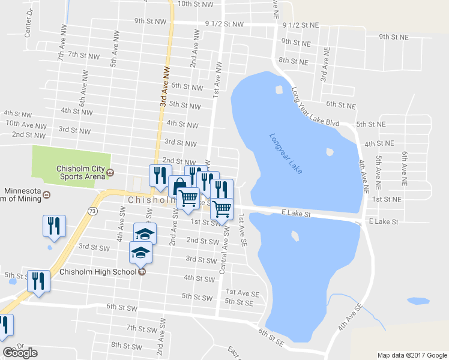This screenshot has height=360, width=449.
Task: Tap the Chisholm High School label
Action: tap(100, 271)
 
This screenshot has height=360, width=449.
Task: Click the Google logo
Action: tap(20, 353)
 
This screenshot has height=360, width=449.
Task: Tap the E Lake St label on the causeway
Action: tap(296, 214)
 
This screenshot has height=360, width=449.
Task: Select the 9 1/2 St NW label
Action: tap(224, 25)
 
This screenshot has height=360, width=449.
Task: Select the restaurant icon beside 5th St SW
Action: tap(38, 281)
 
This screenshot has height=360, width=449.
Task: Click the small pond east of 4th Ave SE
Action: tap(418, 301)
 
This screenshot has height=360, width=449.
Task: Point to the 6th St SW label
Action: tap(123, 307)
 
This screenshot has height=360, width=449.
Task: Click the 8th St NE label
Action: tap(294, 61)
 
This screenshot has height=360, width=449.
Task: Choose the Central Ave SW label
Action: tap(223, 251)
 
